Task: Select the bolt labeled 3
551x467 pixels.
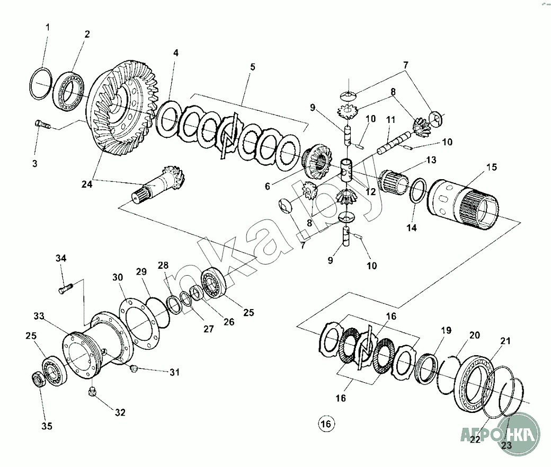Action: [x=42, y=125]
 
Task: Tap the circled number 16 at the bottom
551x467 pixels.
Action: [x=326, y=424]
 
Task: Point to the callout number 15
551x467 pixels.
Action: [x=492, y=167]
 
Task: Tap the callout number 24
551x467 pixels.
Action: [x=86, y=184]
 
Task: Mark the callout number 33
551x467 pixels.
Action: [x=39, y=316]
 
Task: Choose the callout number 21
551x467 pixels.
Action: [x=505, y=341]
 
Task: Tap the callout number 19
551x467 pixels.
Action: [x=446, y=331]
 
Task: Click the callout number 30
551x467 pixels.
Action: [x=117, y=277]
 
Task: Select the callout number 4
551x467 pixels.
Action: [x=175, y=53]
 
